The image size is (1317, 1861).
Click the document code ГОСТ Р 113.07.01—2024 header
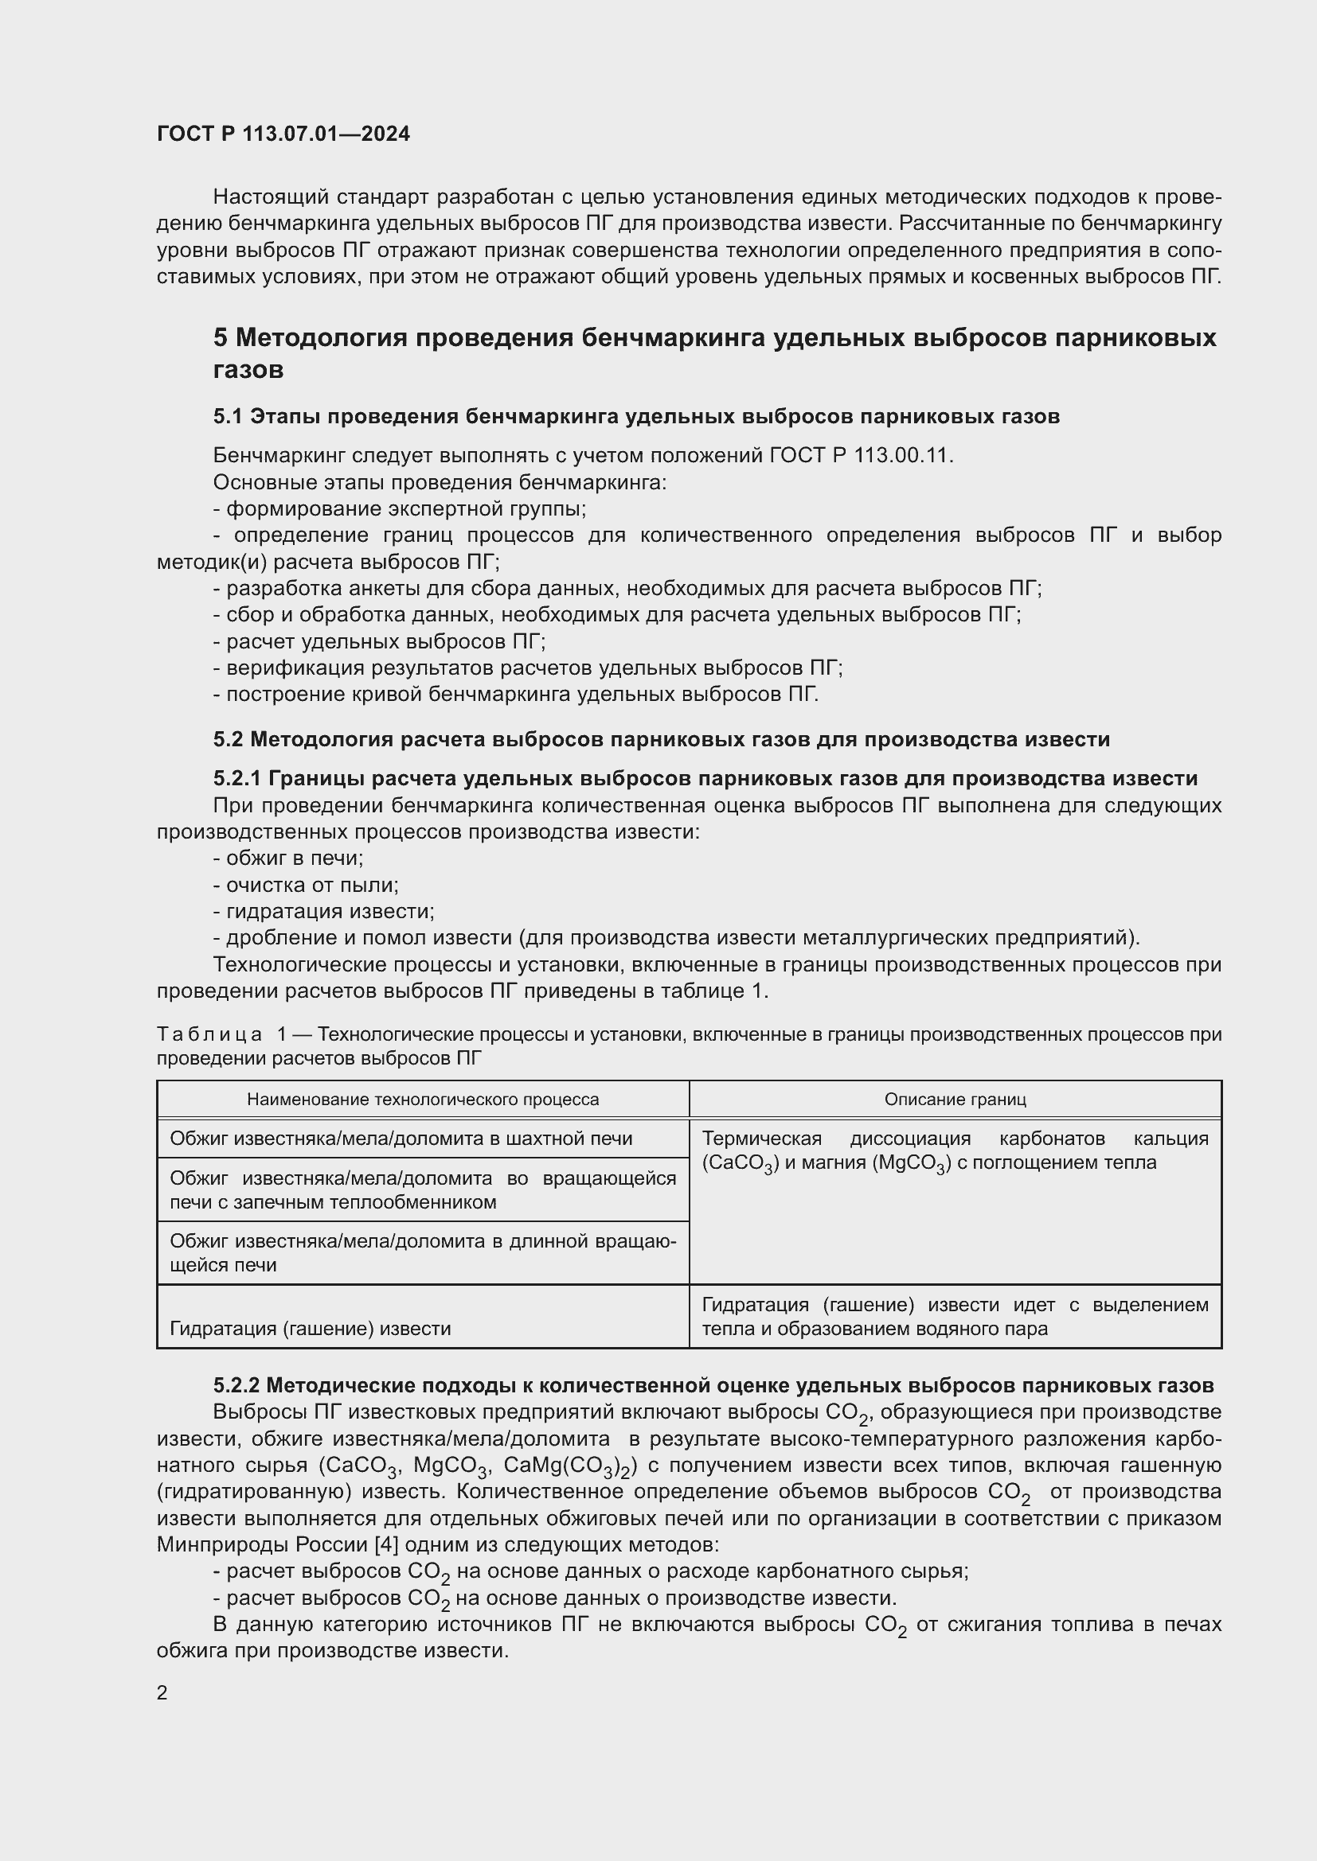[x=283, y=134]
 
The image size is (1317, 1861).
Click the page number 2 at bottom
[x=162, y=1693]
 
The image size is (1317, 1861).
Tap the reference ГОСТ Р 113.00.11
[x=861, y=456]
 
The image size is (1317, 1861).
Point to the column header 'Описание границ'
[x=955, y=1100]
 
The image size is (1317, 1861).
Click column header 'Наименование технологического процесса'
[x=423, y=1100]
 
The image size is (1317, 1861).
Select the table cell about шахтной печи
[x=401, y=1139]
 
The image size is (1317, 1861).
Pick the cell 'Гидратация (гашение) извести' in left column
[x=310, y=1329]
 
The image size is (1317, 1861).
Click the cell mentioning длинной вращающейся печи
[x=422, y=1253]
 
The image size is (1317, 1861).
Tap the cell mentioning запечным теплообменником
[x=422, y=1189]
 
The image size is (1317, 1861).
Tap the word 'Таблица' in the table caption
[x=209, y=1035]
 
